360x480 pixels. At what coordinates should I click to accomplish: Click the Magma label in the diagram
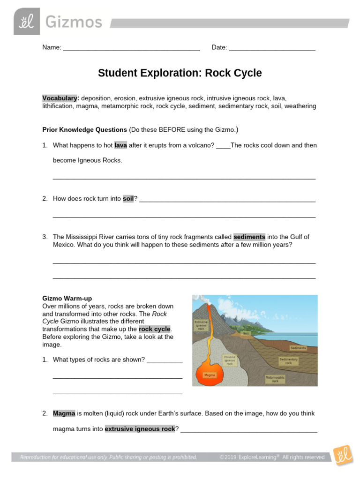click(210, 375)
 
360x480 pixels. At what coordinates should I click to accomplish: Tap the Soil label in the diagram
click(246, 334)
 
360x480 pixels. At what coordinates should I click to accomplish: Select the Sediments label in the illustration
click(298, 348)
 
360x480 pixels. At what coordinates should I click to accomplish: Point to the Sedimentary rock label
click(288, 361)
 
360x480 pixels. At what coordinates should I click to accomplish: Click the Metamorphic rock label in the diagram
click(275, 379)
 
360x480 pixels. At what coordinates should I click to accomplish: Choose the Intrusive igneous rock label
click(230, 360)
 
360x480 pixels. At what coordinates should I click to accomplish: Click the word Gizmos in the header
click(73, 22)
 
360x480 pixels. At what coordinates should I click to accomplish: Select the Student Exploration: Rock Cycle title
click(180, 73)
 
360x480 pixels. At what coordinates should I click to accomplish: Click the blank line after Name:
click(131, 48)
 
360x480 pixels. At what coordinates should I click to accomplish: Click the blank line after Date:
click(272, 48)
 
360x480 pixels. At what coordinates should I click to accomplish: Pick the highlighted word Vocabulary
click(60, 98)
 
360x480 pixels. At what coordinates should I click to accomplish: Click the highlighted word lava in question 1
click(120, 145)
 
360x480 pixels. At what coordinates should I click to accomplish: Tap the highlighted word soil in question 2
click(128, 199)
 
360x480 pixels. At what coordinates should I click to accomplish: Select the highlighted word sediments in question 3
click(249, 237)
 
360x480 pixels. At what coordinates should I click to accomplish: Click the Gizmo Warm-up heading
click(67, 298)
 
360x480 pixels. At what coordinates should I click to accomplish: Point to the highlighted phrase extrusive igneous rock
click(140, 428)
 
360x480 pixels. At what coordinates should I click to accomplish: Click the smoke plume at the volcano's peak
click(200, 299)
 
